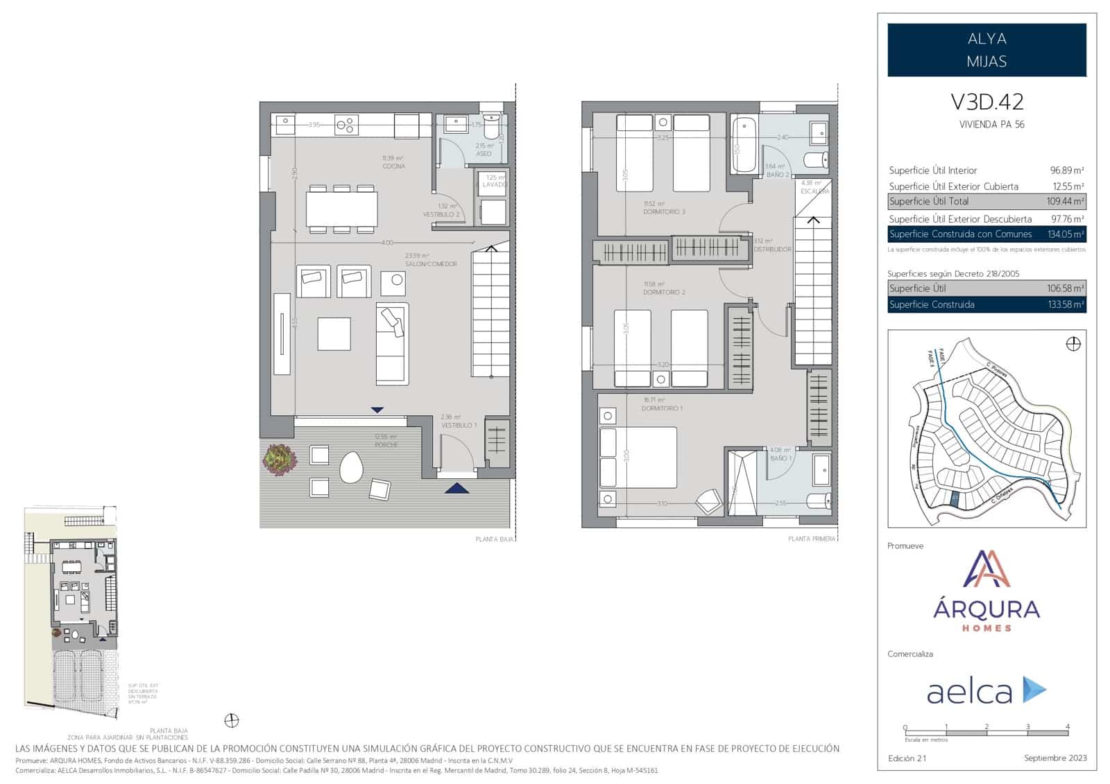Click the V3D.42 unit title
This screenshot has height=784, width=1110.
(987, 103)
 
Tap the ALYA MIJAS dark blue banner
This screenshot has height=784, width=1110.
(987, 50)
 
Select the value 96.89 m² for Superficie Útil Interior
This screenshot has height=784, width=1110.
(1067, 170)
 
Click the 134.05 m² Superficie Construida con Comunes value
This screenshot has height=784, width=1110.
(1066, 234)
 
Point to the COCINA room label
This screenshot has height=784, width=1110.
(393, 166)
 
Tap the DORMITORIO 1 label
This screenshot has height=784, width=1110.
(663, 408)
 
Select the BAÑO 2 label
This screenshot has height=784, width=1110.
(777, 175)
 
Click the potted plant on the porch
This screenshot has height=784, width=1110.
(280, 458)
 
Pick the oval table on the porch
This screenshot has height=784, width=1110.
(351, 467)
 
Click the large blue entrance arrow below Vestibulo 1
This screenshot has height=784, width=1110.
(456, 489)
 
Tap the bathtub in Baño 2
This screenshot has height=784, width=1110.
(744, 145)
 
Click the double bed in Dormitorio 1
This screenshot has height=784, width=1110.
(638, 458)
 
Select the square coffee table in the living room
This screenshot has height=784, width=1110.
(334, 333)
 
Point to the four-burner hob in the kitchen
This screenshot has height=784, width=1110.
(347, 125)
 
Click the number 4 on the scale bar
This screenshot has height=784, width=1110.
(1068, 726)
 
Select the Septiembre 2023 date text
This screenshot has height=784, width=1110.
(1055, 758)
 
